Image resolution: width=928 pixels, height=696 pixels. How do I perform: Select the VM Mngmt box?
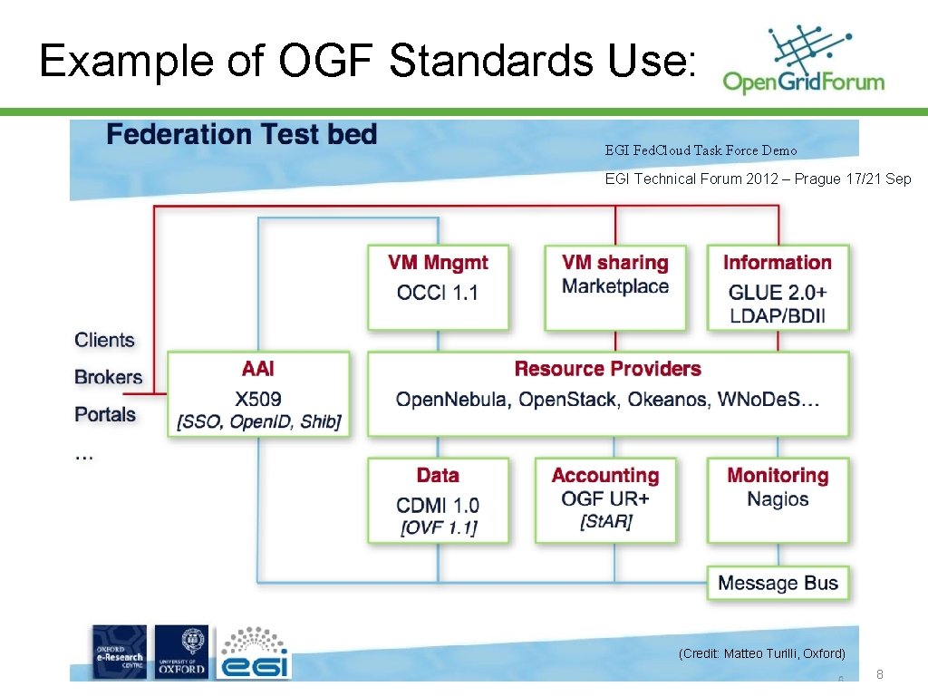(438, 286)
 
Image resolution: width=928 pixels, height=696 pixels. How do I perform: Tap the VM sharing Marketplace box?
(614, 286)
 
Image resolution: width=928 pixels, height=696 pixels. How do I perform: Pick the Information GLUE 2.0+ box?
(778, 286)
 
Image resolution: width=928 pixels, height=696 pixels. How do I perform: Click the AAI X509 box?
(258, 394)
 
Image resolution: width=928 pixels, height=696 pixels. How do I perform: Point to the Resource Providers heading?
(607, 369)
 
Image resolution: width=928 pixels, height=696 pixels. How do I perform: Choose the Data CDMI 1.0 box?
(438, 500)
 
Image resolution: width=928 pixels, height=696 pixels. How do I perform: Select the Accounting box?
(605, 500)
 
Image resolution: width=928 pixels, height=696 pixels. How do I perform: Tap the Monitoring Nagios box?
(778, 500)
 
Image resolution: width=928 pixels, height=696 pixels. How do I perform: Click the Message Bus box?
(778, 583)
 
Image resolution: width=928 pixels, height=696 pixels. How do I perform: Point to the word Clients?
(104, 340)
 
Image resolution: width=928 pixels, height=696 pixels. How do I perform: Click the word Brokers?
(109, 377)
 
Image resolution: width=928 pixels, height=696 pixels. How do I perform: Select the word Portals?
(105, 414)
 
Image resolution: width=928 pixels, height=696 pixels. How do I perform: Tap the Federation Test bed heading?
(241, 135)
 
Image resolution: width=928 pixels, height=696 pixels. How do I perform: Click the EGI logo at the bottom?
(253, 652)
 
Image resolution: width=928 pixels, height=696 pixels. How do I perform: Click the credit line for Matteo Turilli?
(761, 653)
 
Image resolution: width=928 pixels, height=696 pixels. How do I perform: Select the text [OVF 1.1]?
(438, 527)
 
